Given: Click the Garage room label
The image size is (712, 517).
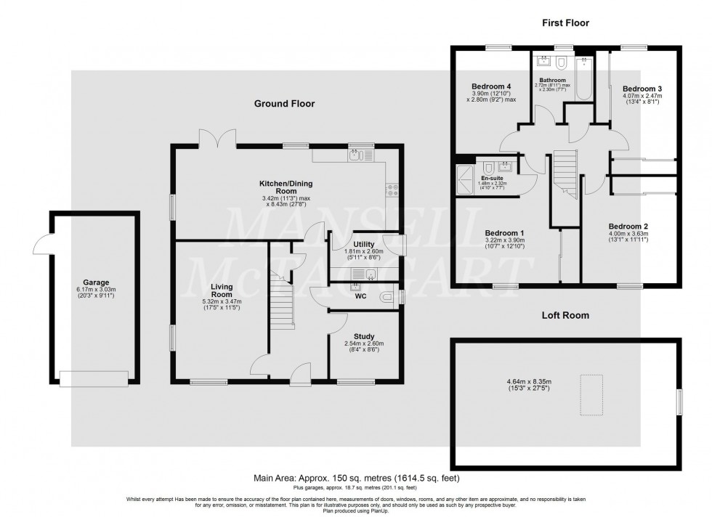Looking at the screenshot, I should click(95, 282).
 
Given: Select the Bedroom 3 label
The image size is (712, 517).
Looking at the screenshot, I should click(642, 89).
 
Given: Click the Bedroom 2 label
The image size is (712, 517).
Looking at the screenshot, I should click(628, 226).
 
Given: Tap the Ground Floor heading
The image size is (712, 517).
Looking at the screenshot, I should click(284, 104).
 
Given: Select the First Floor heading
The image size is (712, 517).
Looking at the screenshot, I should click(565, 23).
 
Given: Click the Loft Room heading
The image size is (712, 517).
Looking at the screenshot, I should click(565, 316).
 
